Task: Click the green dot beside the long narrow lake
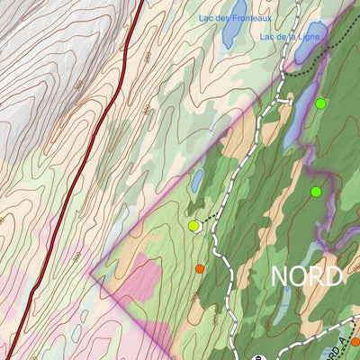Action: [320, 103]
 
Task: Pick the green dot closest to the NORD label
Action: [316, 192]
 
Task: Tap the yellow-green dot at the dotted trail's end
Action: [193, 226]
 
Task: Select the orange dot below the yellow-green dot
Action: [200, 268]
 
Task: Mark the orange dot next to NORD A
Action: [355, 341]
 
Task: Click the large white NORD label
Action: [307, 275]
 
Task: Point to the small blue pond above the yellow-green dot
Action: [197, 181]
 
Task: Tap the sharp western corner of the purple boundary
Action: [91, 267]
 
